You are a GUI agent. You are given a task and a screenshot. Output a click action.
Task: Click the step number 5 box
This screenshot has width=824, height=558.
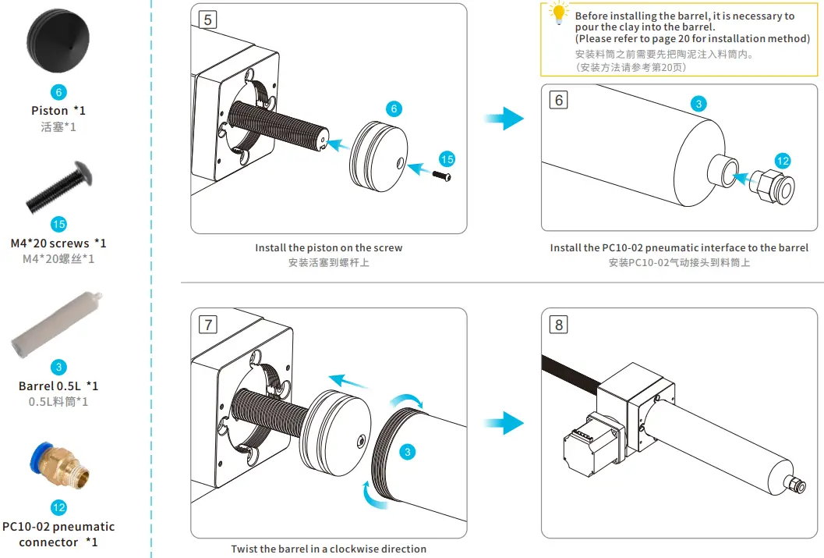pyautogui.click(x=208, y=20)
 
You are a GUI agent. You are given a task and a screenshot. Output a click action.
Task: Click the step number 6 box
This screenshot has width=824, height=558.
pyautogui.click(x=559, y=100)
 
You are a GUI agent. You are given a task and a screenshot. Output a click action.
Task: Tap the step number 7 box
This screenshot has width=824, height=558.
pyautogui.click(x=208, y=325)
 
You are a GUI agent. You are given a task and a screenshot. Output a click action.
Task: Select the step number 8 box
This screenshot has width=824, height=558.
pyautogui.click(x=559, y=325)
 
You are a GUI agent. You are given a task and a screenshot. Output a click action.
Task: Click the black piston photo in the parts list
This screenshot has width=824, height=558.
pyautogui.click(x=58, y=41)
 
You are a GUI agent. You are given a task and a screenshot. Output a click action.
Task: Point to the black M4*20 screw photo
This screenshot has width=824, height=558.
pyautogui.click(x=59, y=187)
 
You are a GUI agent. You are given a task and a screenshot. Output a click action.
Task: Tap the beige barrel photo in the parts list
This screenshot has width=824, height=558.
pyautogui.click(x=57, y=324)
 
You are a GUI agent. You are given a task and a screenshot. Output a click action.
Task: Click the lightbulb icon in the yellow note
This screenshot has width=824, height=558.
pyautogui.click(x=559, y=12)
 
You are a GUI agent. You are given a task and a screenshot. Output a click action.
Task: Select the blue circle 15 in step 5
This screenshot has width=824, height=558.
pyautogui.click(x=447, y=159)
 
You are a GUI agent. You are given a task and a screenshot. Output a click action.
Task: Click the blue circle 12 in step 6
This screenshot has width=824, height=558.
pyautogui.click(x=783, y=161)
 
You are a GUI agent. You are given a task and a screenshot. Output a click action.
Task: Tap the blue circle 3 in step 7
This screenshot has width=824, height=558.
pyautogui.click(x=407, y=452)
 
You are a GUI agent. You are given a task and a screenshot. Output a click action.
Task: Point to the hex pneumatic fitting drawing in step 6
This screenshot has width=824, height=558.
pyautogui.click(x=772, y=187)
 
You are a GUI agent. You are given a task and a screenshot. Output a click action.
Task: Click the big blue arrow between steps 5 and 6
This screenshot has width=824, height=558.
pyautogui.click(x=504, y=119)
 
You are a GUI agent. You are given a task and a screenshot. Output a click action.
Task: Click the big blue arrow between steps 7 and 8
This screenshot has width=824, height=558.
pyautogui.click(x=504, y=423)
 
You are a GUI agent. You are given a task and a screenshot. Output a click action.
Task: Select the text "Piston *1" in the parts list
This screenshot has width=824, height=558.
pyautogui.click(x=58, y=111)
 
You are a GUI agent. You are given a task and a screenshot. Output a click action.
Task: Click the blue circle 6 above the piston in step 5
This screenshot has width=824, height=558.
pyautogui.click(x=394, y=108)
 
